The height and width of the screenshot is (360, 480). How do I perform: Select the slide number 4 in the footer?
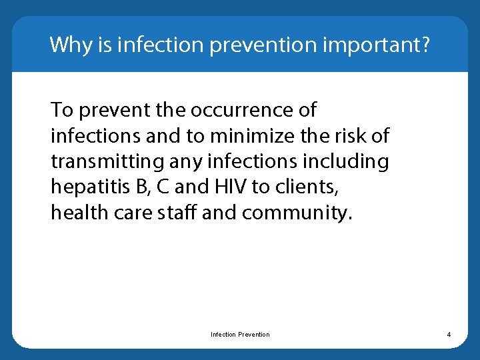point(449,334)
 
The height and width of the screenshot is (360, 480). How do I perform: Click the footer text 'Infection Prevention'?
point(240,334)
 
